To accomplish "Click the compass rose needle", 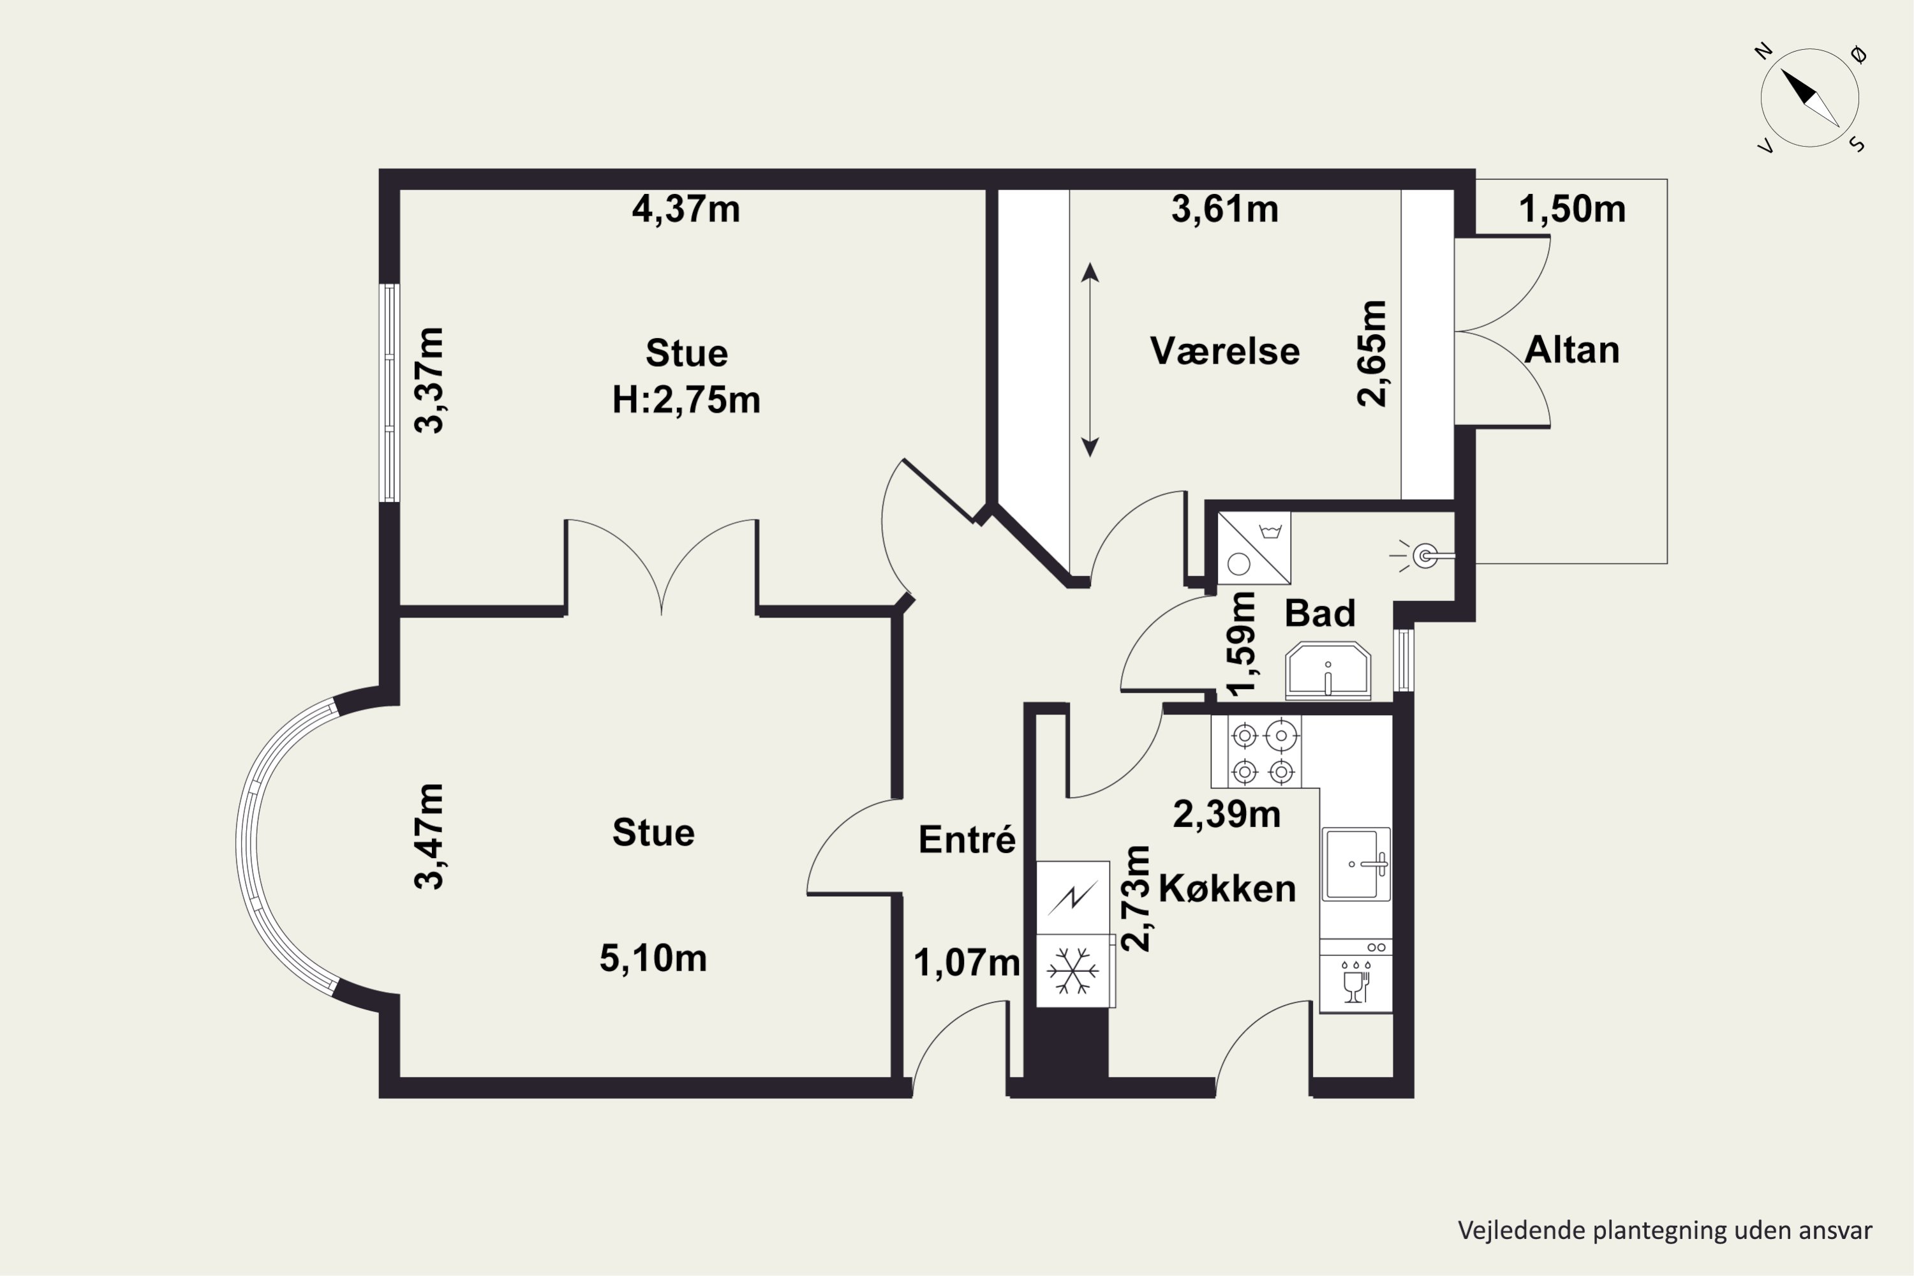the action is [1810, 98].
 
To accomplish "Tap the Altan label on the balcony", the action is [1571, 350].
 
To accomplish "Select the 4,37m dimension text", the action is [686, 209].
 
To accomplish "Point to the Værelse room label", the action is [1225, 351].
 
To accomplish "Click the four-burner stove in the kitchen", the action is [1263, 752].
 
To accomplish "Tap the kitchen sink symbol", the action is [1356, 864].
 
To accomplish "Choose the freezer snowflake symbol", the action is [1072, 971].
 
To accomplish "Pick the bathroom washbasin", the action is [1328, 671].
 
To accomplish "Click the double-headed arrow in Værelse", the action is [1090, 360].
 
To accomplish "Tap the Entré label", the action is [967, 839].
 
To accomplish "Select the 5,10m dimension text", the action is [653, 958].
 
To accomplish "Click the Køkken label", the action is [1227, 888].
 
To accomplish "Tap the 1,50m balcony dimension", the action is [1572, 209].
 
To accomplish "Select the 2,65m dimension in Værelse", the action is [1372, 353].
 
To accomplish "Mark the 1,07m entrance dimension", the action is [967, 963].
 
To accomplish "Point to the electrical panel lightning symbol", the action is [1072, 898].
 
